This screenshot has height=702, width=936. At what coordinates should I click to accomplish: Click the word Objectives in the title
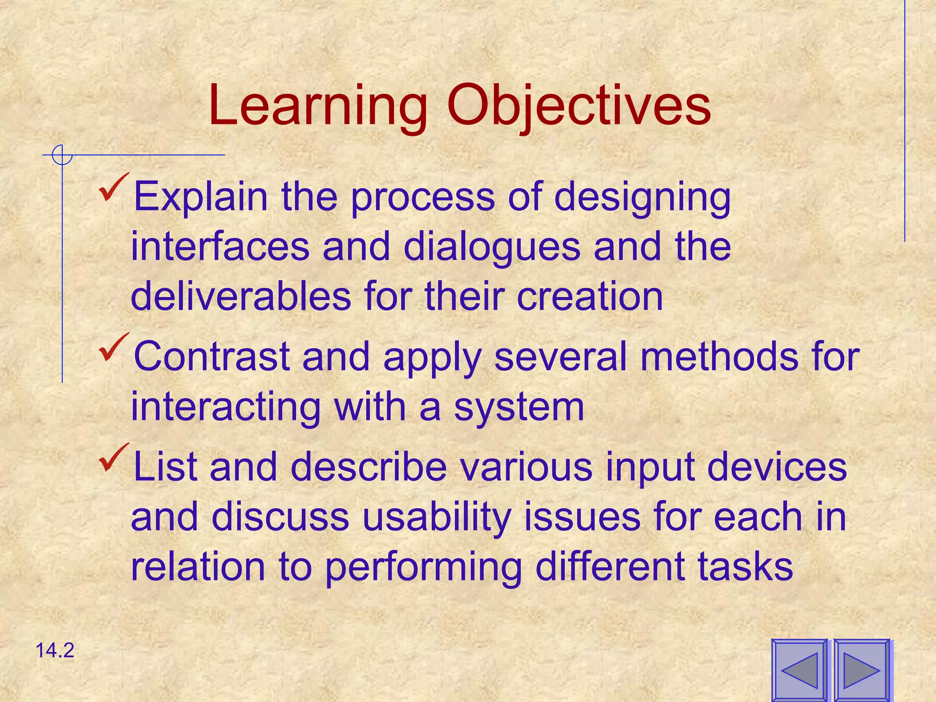(579, 107)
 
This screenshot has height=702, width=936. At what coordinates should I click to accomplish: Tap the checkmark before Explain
(113, 187)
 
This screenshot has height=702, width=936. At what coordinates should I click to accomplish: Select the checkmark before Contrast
(113, 347)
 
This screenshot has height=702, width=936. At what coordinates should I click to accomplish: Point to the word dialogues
(492, 247)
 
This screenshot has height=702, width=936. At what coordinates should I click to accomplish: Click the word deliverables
(241, 297)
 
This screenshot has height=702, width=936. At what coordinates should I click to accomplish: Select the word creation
(590, 297)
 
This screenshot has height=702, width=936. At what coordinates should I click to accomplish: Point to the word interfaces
(220, 247)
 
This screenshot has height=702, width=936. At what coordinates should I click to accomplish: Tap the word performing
(424, 567)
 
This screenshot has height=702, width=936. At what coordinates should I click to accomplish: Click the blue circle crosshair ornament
(62, 155)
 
